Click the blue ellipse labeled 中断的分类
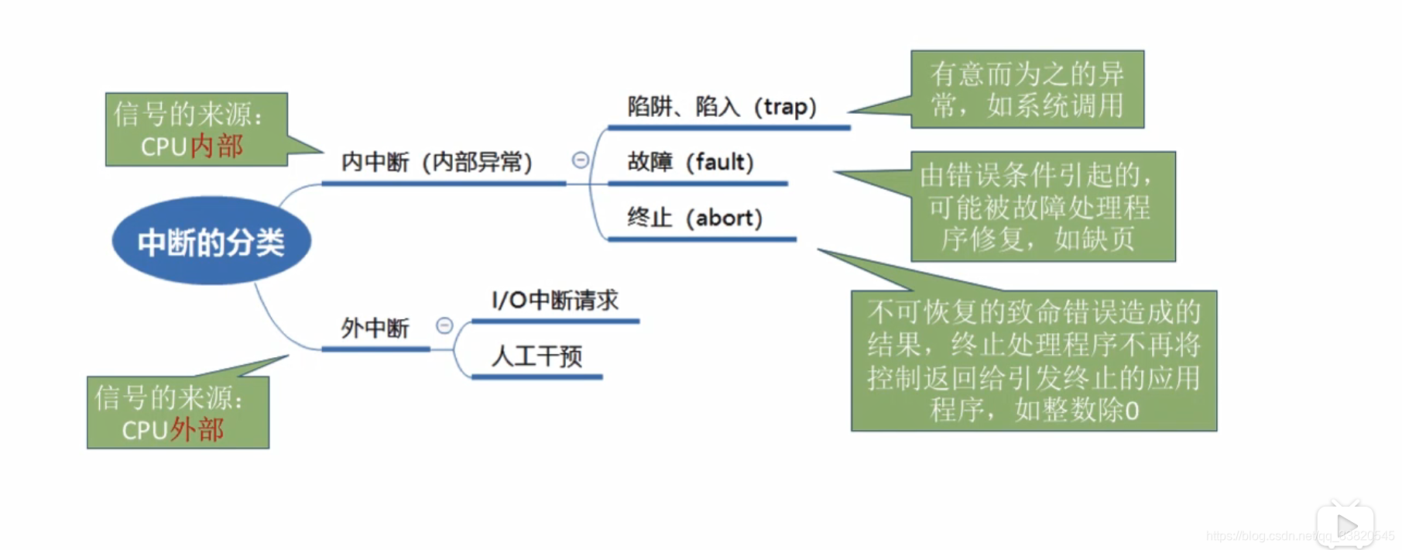(211, 242)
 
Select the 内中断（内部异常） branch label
(437, 163)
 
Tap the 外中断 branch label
(375, 328)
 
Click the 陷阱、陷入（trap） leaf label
(722, 107)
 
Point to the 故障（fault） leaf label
(690, 163)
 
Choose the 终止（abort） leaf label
(694, 218)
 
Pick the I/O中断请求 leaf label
(555, 301)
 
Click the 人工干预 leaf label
(536, 356)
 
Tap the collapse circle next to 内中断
(580, 160)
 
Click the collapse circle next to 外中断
(444, 325)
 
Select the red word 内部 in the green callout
(217, 146)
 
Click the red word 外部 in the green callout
(197, 430)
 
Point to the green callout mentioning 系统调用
(1027, 90)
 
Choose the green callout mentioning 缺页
(1042, 207)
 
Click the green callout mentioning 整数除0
(1034, 361)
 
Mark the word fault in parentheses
(720, 163)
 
